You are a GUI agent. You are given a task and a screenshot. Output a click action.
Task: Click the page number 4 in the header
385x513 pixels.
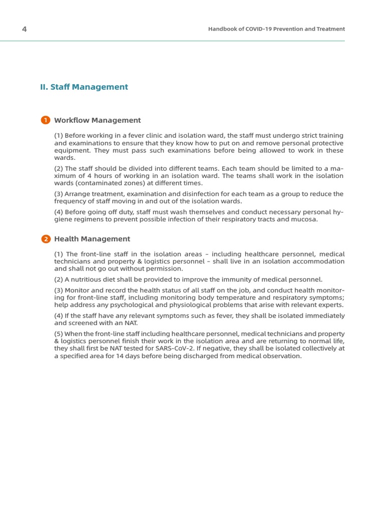click(x=24, y=29)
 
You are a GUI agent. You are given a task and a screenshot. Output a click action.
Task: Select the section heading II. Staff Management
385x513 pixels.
click(x=84, y=87)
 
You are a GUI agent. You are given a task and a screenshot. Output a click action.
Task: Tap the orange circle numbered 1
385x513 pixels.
click(x=46, y=120)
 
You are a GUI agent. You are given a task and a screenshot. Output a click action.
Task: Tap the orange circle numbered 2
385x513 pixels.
click(x=46, y=239)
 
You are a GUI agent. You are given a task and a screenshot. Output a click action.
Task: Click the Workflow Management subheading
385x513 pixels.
click(x=97, y=120)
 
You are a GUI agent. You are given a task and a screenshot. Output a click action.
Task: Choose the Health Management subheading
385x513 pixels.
click(x=92, y=239)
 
